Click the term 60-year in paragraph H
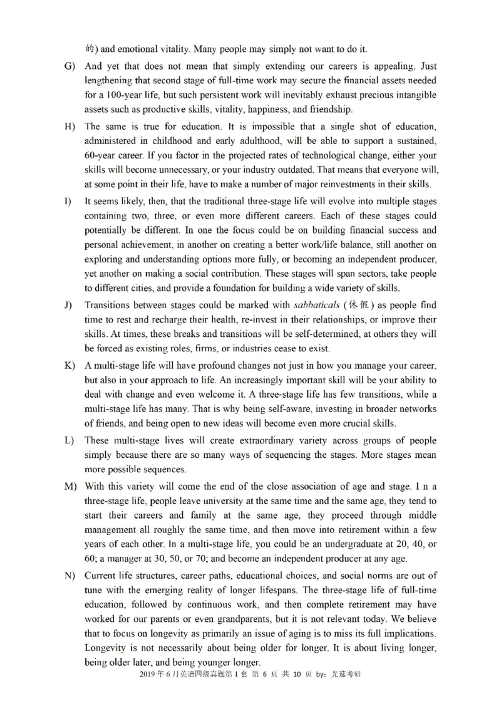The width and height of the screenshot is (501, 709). pos(104,156)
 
